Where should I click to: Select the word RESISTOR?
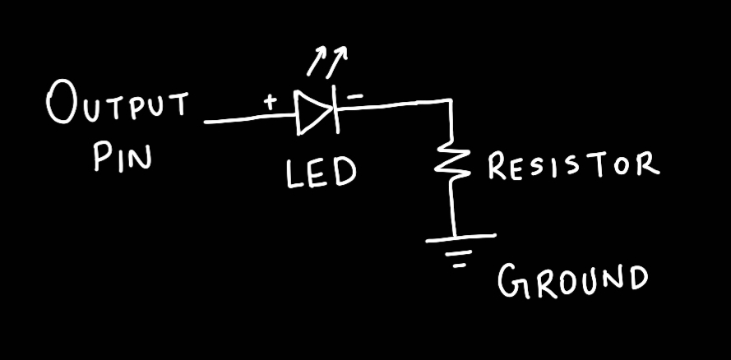point(573,165)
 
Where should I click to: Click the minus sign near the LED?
point(355,96)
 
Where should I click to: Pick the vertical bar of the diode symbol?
point(336,112)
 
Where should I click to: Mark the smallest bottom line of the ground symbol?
point(461,266)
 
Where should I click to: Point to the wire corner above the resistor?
point(451,102)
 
